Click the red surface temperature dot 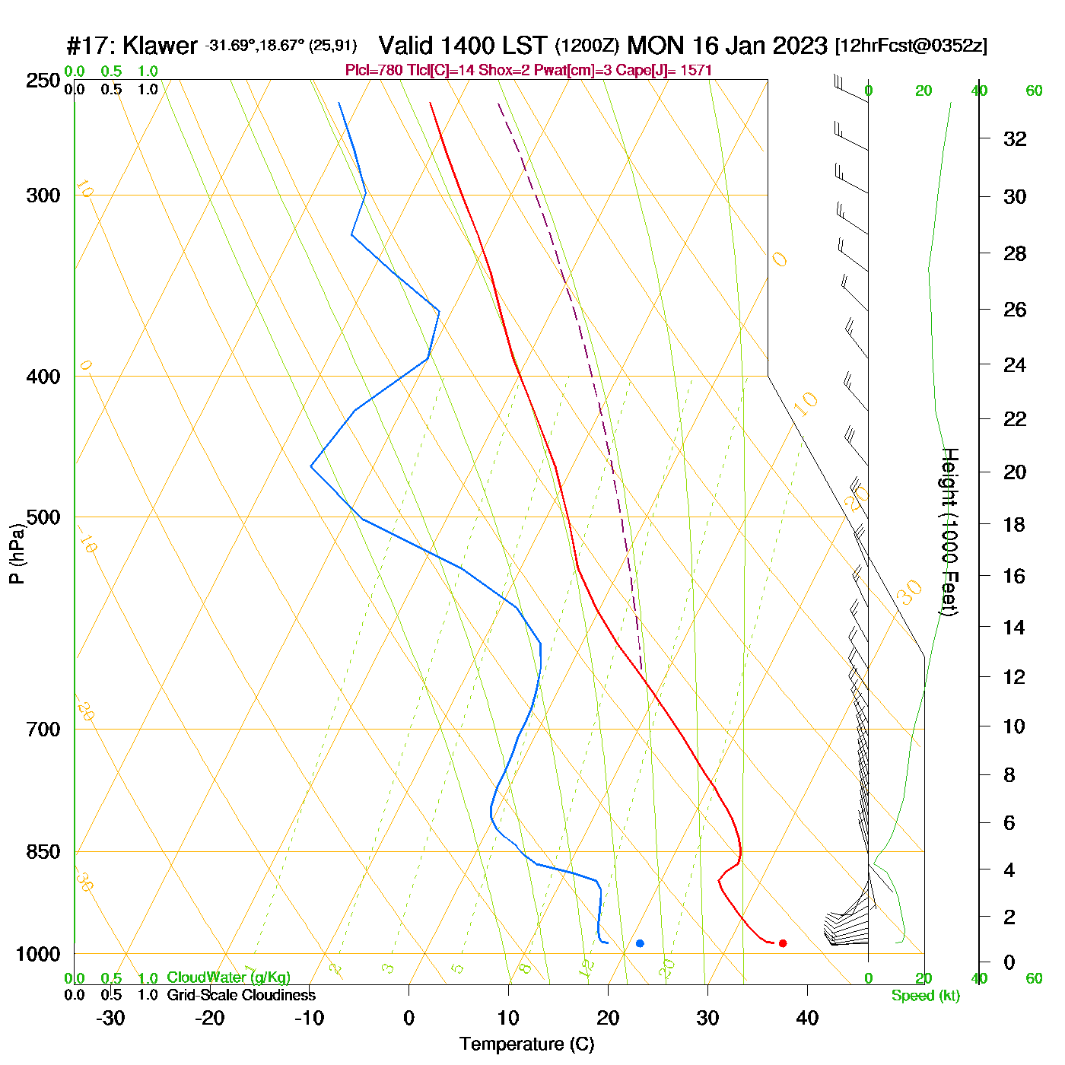coord(783,943)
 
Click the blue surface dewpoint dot coord(640,943)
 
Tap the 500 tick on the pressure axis coord(43,517)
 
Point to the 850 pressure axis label coord(43,852)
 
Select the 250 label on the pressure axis coord(43,81)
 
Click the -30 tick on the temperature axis coord(110,1018)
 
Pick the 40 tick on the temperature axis coord(807,1018)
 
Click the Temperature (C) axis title coord(526,1044)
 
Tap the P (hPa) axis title coord(17,553)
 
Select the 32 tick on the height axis coord(1015,138)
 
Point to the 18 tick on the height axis coord(1015,524)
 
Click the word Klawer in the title coord(160,46)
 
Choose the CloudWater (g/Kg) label coord(228,978)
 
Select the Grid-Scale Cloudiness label coord(241,995)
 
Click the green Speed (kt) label coord(925,996)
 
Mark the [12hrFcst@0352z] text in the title coord(911,46)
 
